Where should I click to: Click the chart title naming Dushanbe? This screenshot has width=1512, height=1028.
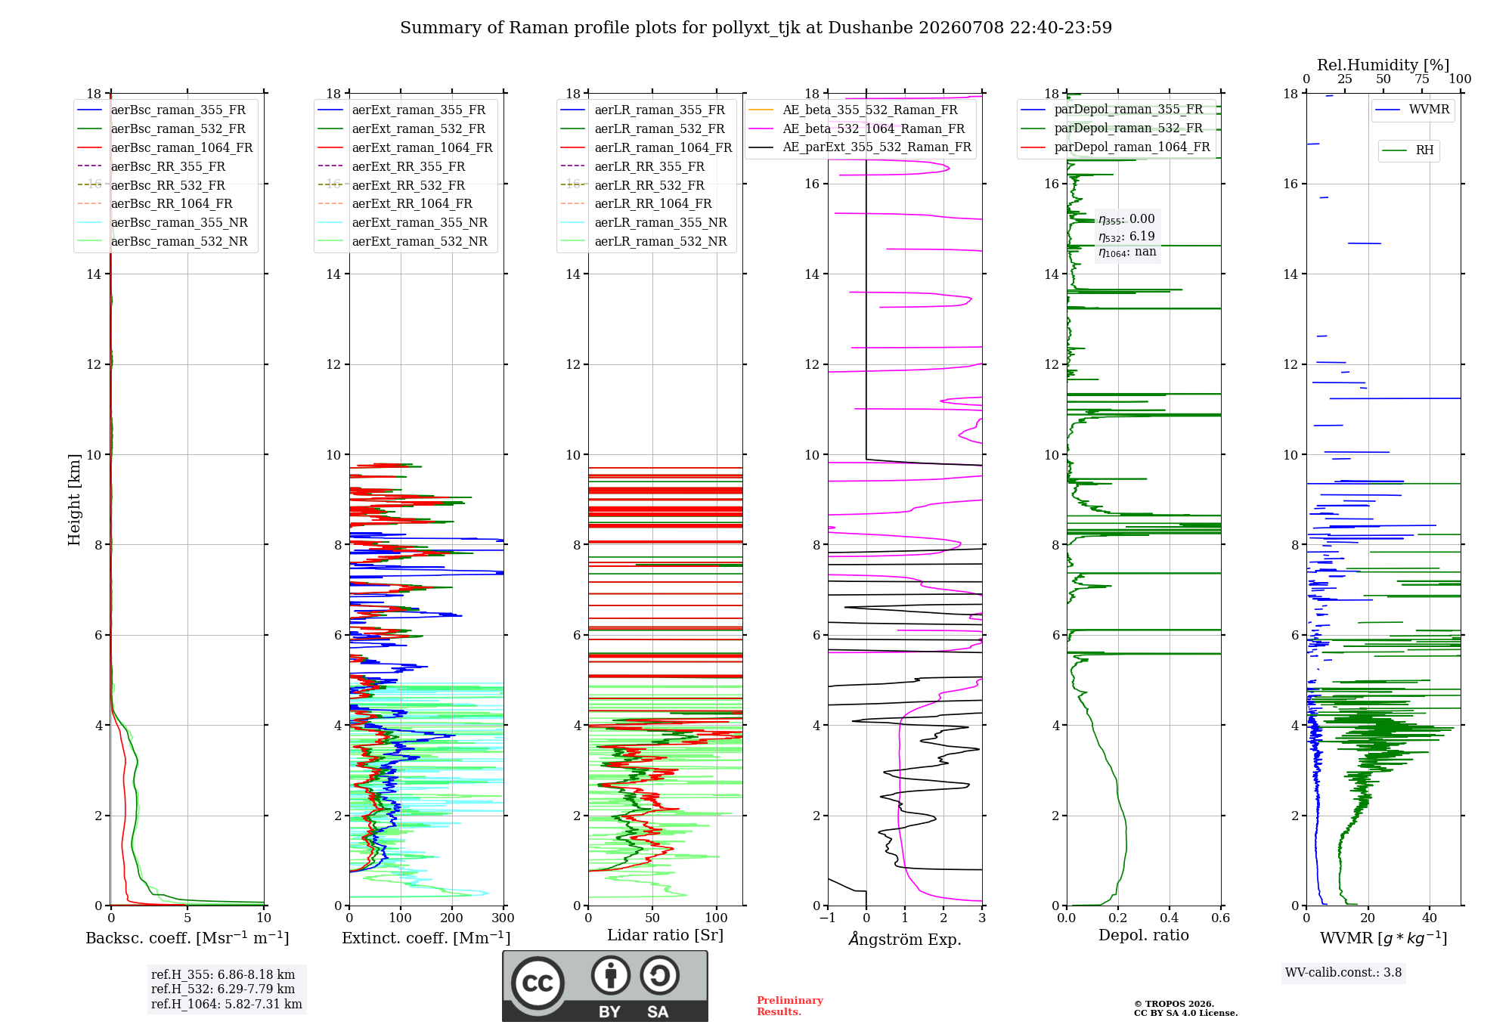tap(756, 28)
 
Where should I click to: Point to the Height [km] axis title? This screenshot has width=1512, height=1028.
tap(74, 500)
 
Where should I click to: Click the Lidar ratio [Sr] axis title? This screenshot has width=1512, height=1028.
tap(665, 935)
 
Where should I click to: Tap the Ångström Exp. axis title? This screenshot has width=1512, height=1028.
tap(905, 939)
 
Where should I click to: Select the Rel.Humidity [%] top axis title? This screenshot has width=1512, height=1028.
tap(1383, 65)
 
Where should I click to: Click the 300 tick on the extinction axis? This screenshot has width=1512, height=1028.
tap(503, 918)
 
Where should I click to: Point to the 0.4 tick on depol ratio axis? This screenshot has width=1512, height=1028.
tap(1169, 918)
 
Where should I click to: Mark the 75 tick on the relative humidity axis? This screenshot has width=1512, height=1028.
tap(1422, 79)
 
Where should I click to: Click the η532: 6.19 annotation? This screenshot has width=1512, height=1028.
tap(1126, 237)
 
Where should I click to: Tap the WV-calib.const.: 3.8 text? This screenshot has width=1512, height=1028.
tap(1343, 973)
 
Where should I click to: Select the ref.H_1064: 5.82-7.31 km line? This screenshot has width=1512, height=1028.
tap(227, 1004)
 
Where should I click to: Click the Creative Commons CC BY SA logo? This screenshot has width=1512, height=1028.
tap(606, 986)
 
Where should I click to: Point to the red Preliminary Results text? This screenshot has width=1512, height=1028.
tap(790, 1006)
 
